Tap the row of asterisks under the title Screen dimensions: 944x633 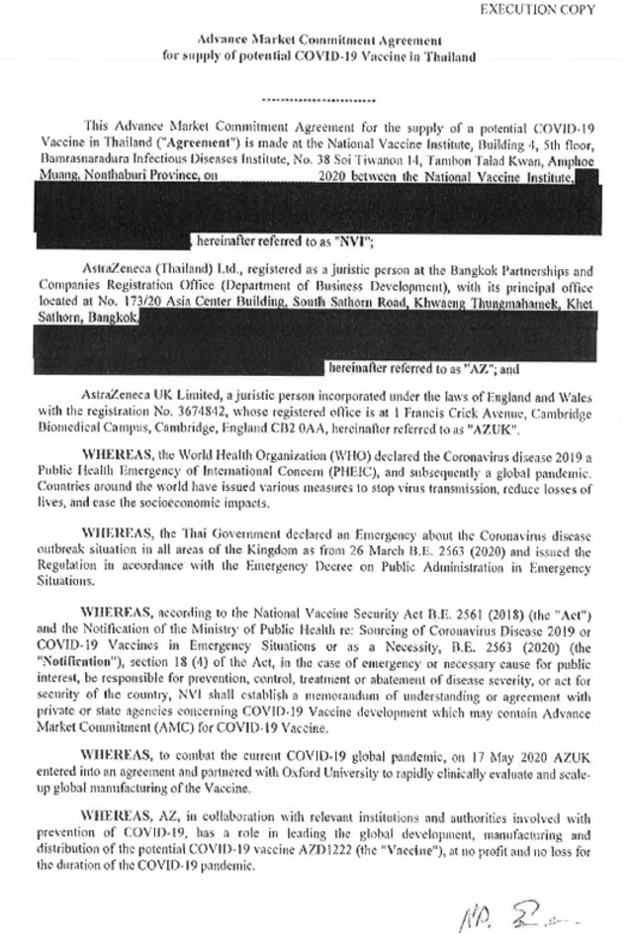click(317, 100)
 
